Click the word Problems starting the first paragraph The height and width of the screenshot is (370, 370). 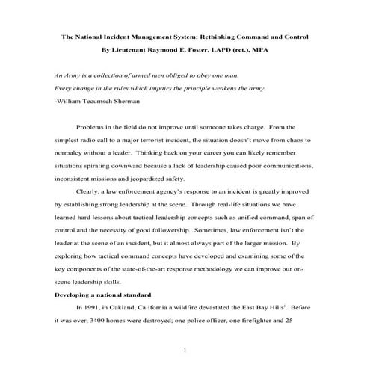(x=93, y=128)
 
